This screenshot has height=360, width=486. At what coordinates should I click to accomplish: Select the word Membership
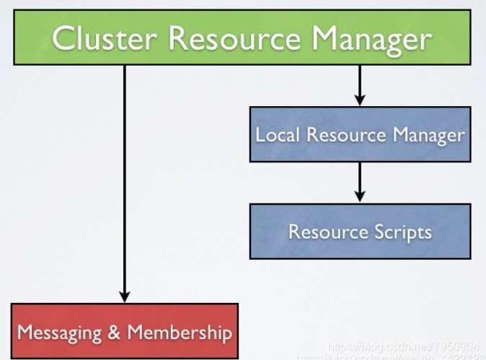click(x=180, y=333)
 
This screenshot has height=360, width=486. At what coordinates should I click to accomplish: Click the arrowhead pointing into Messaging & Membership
click(x=124, y=297)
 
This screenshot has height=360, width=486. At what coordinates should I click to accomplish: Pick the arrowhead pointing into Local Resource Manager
click(x=360, y=100)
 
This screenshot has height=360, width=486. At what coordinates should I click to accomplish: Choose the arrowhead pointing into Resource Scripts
click(x=360, y=196)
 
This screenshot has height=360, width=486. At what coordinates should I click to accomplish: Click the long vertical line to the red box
click(x=124, y=180)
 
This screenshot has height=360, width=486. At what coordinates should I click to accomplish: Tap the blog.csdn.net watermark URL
click(x=403, y=346)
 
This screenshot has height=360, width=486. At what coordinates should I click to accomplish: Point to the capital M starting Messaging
click(x=25, y=333)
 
